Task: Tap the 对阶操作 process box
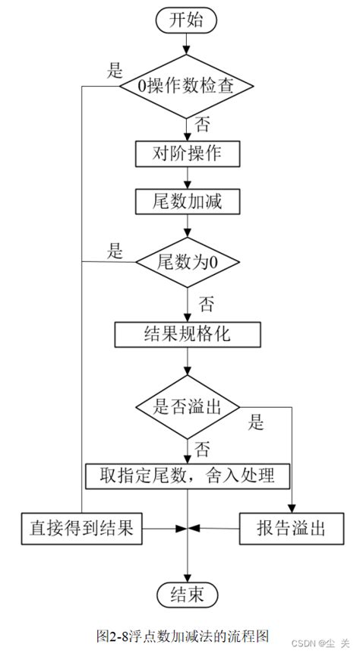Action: click(187, 153)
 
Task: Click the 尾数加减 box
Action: click(187, 201)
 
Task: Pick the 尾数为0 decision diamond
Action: click(187, 262)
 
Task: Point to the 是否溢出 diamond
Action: click(187, 407)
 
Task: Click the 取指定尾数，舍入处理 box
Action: click(187, 475)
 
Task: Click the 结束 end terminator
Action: click(187, 592)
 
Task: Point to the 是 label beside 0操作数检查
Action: click(115, 71)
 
